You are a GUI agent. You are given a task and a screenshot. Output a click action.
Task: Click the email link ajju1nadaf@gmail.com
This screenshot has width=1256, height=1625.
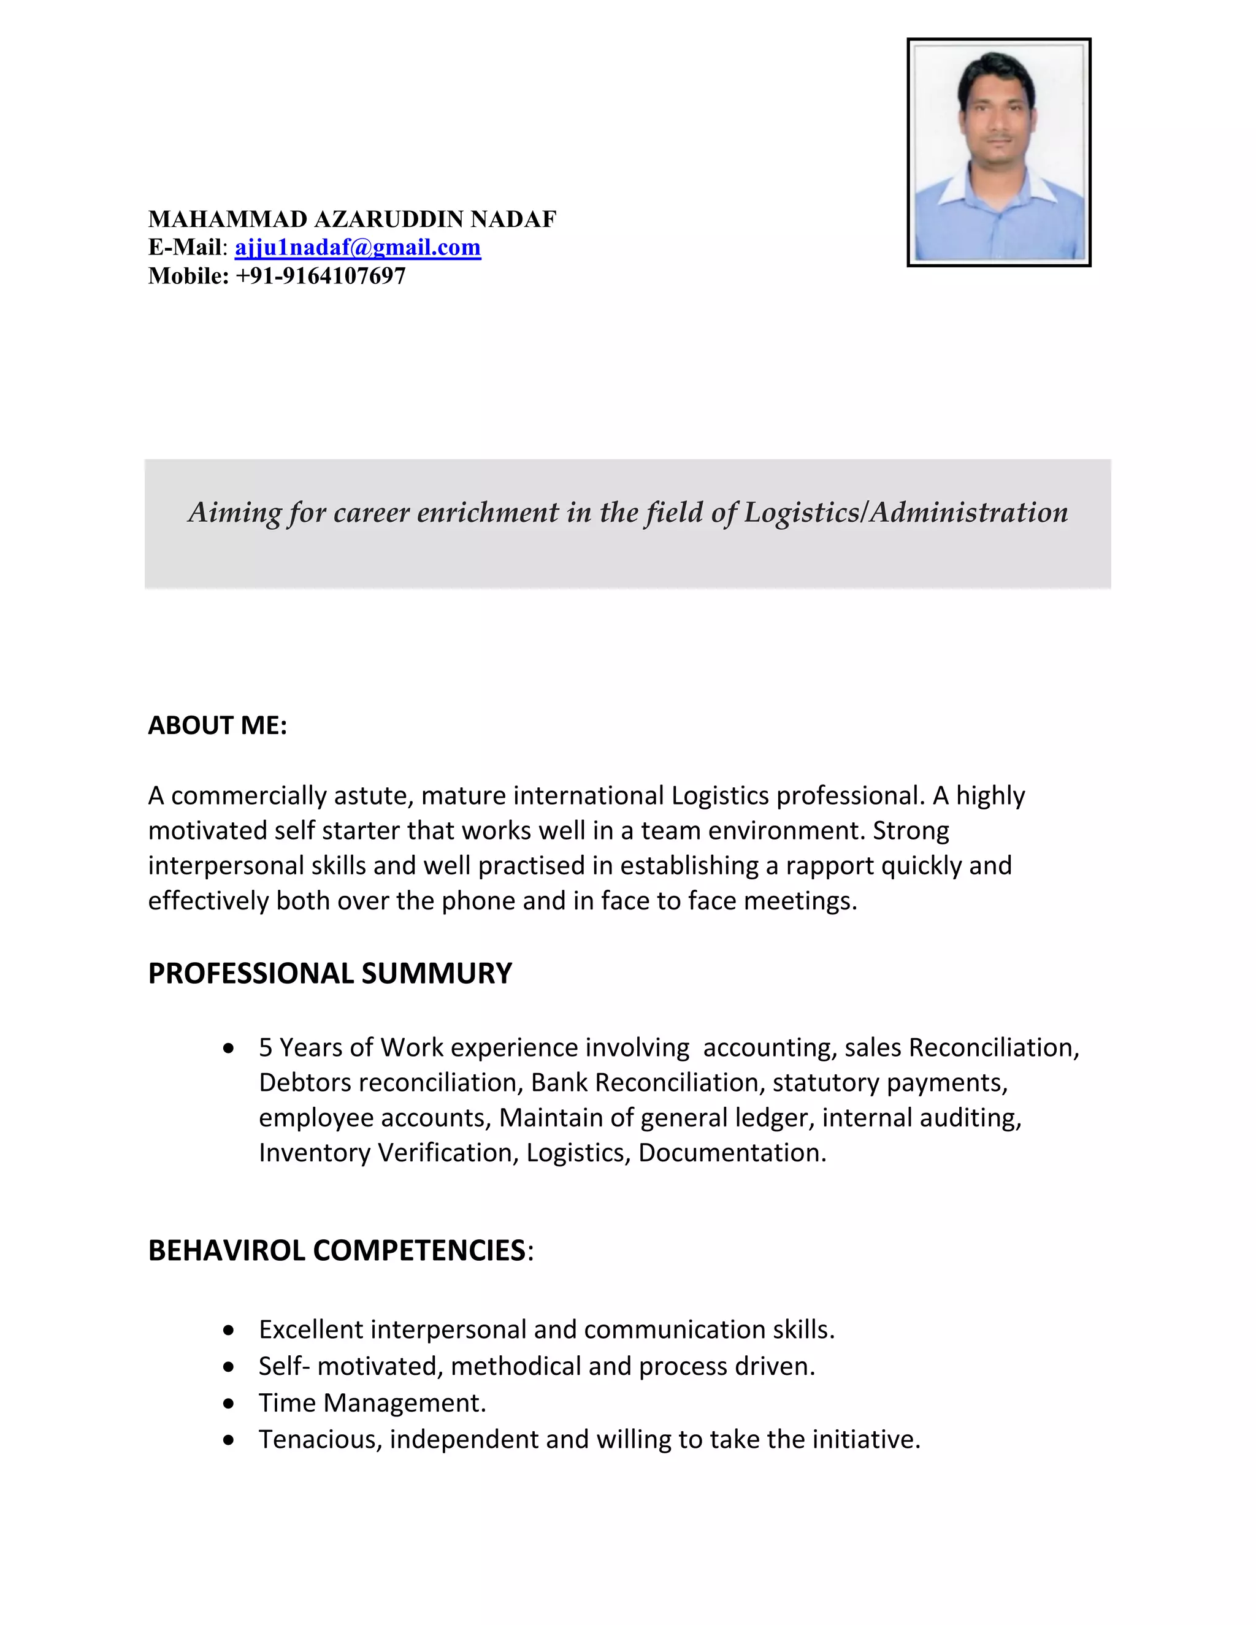point(358,247)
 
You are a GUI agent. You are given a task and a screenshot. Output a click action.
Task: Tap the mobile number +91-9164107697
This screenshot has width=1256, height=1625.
point(321,276)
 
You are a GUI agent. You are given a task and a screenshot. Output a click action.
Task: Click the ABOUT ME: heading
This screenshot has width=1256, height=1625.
point(217,725)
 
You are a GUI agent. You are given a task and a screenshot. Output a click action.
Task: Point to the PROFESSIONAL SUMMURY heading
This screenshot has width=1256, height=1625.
point(329,973)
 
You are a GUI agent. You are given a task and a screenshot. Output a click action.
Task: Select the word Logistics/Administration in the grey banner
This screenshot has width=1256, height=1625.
point(906,512)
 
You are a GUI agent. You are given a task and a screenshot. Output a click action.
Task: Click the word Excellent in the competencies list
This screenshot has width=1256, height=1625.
point(310,1329)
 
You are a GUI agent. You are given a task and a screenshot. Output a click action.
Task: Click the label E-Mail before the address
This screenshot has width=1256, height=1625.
point(185,247)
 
